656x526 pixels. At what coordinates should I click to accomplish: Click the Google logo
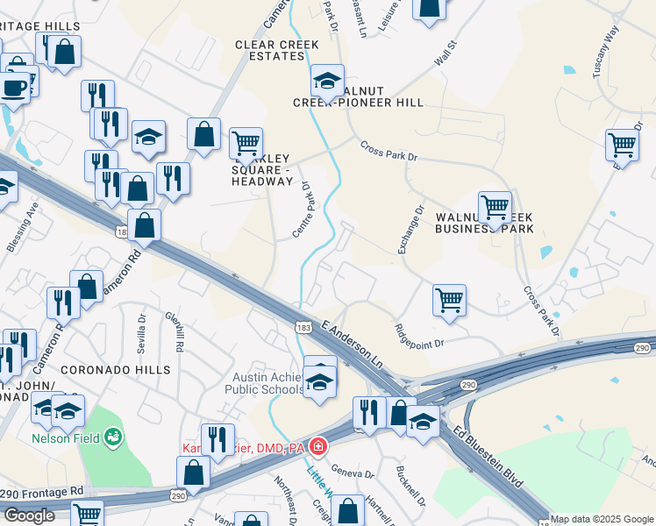coord(29,515)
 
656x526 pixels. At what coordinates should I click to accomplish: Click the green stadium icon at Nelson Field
coord(112,436)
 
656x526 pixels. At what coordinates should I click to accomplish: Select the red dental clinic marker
coord(317,448)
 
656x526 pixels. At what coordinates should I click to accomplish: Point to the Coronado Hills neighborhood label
coord(115,370)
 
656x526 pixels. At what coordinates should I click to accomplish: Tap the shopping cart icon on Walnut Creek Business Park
coord(495,208)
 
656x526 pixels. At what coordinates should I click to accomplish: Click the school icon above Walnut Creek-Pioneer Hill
coord(327,82)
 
